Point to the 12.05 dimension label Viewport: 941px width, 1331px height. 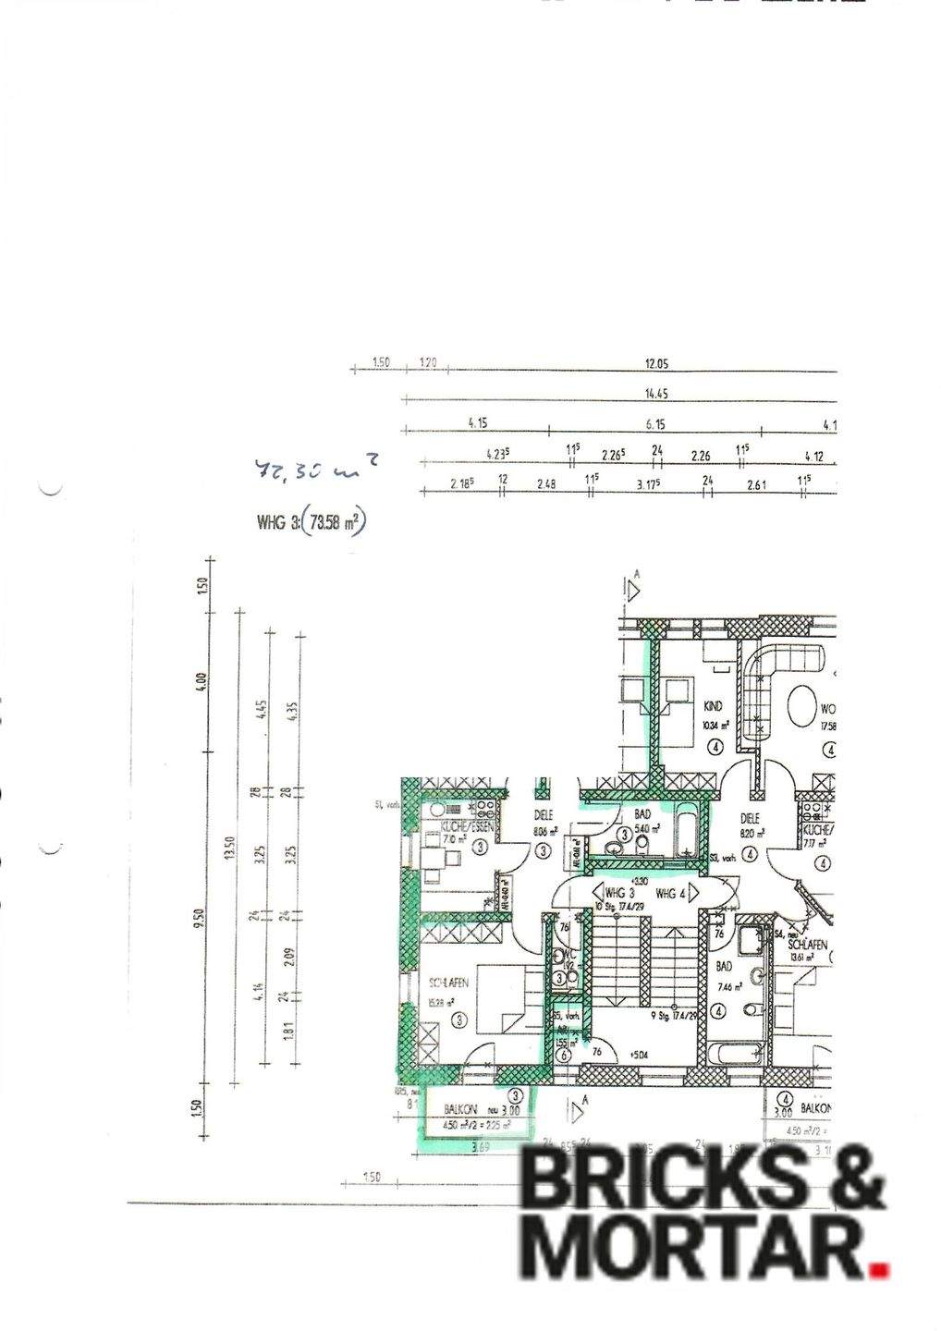click(655, 364)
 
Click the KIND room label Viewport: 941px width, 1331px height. click(712, 705)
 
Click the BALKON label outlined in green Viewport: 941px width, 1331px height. click(459, 1109)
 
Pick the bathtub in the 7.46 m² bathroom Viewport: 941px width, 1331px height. click(735, 1053)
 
